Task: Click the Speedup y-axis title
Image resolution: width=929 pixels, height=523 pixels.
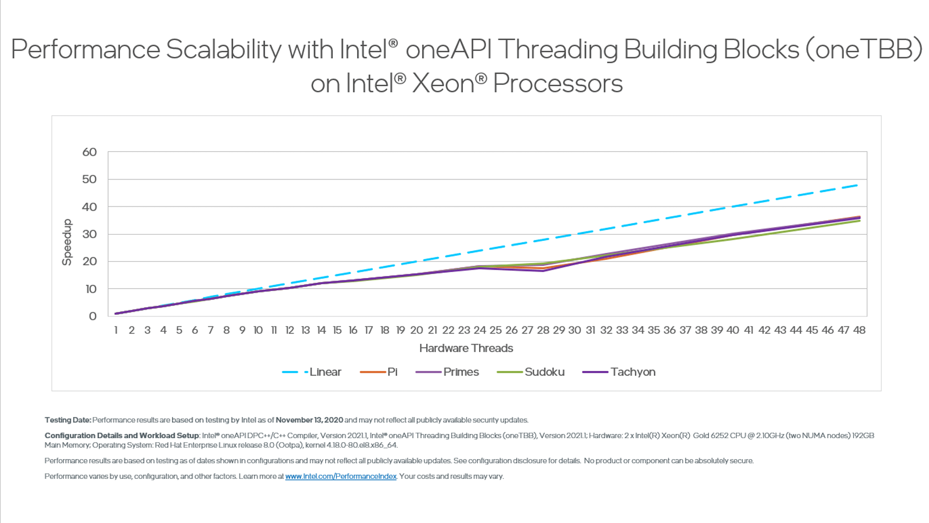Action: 67,242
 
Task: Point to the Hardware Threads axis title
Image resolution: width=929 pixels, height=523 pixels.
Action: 466,348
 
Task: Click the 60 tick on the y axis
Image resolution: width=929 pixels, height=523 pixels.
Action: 90,152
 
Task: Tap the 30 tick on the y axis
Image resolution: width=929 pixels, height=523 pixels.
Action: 90,234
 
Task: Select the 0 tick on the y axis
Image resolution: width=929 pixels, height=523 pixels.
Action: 92,316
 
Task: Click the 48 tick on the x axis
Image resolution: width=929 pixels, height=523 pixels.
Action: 859,330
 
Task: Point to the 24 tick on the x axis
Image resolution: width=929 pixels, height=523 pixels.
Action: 479,330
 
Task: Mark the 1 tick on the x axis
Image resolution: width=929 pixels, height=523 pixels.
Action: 116,330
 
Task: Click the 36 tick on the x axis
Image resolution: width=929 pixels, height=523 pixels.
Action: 669,330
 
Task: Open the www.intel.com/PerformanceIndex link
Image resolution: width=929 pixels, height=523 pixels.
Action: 341,477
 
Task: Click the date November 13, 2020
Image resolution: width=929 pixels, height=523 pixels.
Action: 309,420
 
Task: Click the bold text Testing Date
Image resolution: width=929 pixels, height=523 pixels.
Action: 68,420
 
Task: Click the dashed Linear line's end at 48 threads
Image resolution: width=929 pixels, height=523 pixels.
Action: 857,185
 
